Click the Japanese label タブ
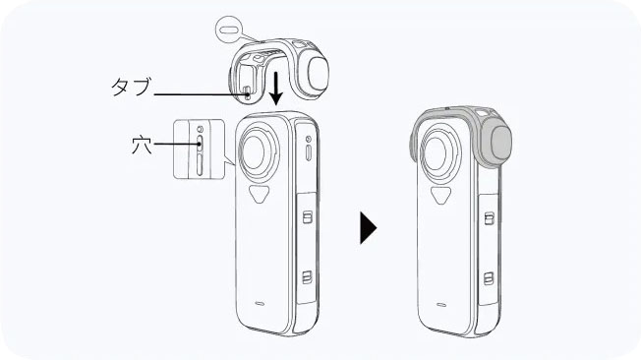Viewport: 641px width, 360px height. tap(131, 87)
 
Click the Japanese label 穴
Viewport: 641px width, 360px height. tap(142, 146)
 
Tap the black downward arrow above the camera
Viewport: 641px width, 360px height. tap(276, 88)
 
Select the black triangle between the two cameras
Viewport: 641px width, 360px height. tap(368, 227)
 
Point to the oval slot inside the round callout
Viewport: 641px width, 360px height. tap(228, 30)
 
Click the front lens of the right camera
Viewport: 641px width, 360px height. tap(439, 152)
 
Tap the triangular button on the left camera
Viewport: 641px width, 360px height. tap(260, 194)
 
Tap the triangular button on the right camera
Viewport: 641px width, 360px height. tap(441, 195)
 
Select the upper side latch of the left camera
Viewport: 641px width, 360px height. tap(308, 216)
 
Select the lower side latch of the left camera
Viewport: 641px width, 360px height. tap(307, 277)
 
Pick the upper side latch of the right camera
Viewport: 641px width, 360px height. tap(489, 218)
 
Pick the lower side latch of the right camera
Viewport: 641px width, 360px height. tap(488, 278)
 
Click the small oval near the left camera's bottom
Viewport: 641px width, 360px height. tap(259, 304)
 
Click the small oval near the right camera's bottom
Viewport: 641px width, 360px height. tap(440, 304)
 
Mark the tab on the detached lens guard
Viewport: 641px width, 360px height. tap(247, 93)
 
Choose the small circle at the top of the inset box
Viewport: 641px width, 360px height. tap(200, 129)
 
